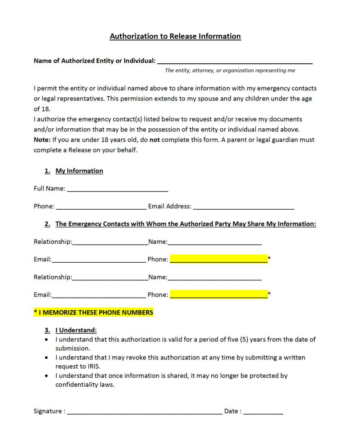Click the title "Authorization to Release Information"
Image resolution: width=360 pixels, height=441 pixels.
(175, 36)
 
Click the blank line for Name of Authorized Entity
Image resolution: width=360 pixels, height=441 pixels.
(235, 62)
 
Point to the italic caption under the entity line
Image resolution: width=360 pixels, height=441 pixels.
(230, 71)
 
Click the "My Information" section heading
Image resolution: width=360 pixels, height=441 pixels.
(79, 171)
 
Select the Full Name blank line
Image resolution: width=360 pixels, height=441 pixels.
(117, 189)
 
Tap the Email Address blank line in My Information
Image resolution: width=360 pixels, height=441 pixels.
(244, 207)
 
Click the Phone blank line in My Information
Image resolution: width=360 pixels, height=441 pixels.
(101, 207)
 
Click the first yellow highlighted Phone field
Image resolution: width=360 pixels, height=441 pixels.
(219, 259)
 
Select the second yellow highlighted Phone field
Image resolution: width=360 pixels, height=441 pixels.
(219, 295)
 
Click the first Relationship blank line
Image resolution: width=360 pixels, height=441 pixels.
(110, 243)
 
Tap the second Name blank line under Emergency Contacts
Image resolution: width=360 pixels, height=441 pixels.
(214, 278)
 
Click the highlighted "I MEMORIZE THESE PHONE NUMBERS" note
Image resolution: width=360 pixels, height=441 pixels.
(94, 312)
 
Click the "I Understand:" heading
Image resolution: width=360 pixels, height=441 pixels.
(76, 330)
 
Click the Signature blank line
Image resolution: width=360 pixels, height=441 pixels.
(144, 412)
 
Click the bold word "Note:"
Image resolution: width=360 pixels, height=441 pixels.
(42, 140)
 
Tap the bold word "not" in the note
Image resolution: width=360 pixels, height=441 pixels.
(155, 140)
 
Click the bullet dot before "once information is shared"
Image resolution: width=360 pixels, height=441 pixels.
(47, 376)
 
